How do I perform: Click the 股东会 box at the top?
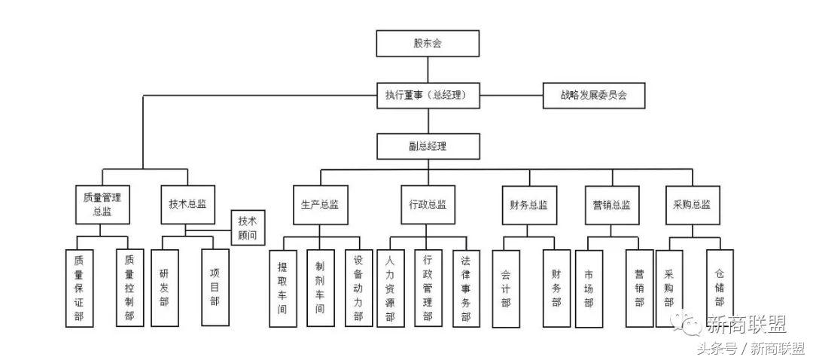point(428,44)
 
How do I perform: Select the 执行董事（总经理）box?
point(428,96)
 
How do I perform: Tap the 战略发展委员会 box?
point(594,96)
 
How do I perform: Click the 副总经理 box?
point(428,146)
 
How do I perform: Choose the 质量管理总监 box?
point(102,204)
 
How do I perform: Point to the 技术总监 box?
point(187,204)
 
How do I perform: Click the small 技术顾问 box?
point(248,227)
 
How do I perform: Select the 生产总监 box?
point(321,204)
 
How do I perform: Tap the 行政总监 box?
point(428,204)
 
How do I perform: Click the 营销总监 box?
point(611,204)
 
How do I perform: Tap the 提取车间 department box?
point(282,288)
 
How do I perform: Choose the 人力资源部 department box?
point(390,288)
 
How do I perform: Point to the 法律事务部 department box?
point(466,288)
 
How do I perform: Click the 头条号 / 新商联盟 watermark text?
point(749,348)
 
